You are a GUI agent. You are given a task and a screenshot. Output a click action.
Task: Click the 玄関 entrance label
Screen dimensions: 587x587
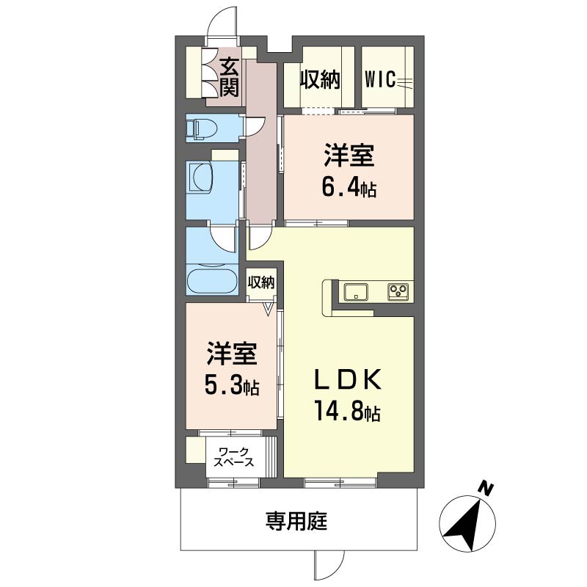[229, 78]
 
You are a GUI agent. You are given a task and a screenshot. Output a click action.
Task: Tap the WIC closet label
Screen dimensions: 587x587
[380, 79]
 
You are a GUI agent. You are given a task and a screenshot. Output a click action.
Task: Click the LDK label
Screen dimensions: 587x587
[349, 379]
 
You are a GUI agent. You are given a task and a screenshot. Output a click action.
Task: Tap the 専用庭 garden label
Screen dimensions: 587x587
[296, 521]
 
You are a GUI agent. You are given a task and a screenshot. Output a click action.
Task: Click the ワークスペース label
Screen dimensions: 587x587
[233, 456]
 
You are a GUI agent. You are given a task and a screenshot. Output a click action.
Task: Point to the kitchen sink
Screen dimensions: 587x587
[356, 291]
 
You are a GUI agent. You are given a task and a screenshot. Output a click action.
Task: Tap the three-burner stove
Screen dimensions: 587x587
[398, 291]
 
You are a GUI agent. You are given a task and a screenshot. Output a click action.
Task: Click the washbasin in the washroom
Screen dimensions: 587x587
[202, 178]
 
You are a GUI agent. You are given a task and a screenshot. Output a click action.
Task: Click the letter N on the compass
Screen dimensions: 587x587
[486, 489]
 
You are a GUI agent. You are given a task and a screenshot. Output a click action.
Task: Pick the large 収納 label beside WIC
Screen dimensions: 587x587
[321, 80]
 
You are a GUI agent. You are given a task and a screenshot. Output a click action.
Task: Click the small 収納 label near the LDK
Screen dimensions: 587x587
[261, 282]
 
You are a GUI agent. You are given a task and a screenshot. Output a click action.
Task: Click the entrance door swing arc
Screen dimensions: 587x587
[222, 22]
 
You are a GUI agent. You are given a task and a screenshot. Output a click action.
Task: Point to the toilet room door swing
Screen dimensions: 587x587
[255, 126]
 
